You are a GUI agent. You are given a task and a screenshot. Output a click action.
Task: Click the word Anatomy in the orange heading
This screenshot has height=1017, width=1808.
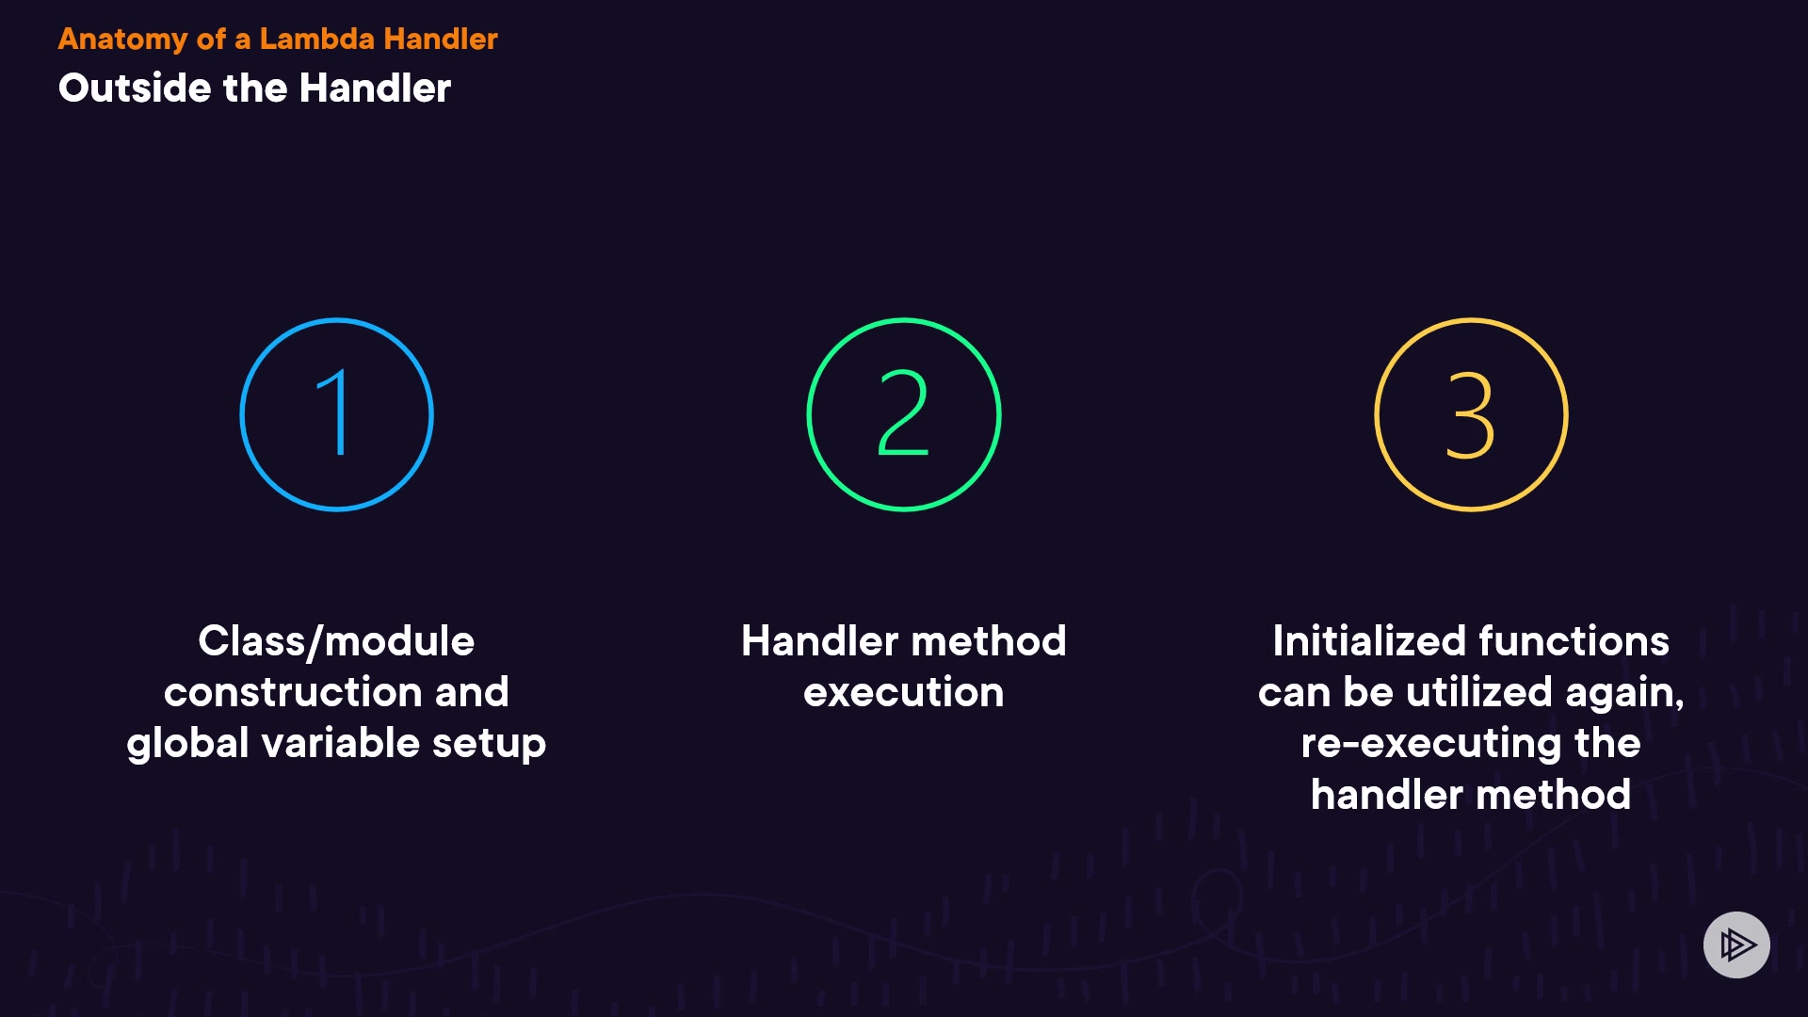pyautogui.click(x=123, y=40)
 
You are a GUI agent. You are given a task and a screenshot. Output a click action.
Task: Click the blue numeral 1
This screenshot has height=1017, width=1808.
pyautogui.click(x=334, y=412)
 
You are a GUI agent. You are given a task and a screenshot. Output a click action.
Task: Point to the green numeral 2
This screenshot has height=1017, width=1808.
pyautogui.click(x=903, y=412)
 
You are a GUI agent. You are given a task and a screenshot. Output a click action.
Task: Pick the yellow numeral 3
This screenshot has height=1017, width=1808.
pyautogui.click(x=1470, y=414)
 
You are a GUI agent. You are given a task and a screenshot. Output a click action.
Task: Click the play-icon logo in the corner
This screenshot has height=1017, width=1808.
pyautogui.click(x=1736, y=944)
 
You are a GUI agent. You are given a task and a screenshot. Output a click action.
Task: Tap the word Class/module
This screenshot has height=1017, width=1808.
pyautogui.click(x=336, y=642)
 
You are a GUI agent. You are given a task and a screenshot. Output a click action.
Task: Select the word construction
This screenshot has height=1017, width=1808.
pyautogui.click(x=293, y=692)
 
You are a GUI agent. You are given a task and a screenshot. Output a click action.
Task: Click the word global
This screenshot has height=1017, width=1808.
pyautogui.click(x=188, y=744)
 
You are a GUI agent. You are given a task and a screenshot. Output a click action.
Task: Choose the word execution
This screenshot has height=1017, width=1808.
pyautogui.click(x=904, y=693)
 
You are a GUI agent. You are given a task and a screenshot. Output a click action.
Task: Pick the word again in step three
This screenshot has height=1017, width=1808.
pyautogui.click(x=1624, y=694)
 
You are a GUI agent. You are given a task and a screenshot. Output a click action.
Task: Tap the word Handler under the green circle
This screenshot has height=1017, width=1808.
pyautogui.click(x=820, y=641)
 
